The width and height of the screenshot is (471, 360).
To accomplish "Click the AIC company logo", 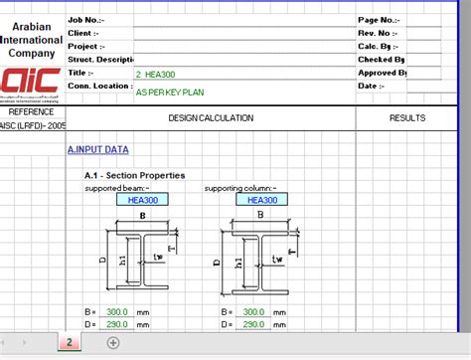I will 31,84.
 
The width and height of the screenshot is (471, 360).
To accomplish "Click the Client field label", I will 83,33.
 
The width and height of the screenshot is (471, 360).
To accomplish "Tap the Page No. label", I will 378,19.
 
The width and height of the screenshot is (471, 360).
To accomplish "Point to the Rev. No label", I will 377,33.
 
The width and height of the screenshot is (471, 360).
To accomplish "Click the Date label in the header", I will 369,86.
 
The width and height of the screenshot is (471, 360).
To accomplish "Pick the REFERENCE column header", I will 31,112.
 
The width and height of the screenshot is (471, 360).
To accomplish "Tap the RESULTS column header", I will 407,118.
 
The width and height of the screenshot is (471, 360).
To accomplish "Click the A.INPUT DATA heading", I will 97,149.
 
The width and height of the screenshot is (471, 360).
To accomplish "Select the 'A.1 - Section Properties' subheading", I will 134,176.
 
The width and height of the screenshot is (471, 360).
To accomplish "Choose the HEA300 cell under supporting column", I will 262,199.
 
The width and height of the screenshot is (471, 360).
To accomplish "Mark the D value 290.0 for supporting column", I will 253,324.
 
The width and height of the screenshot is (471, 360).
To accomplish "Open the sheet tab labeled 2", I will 70,343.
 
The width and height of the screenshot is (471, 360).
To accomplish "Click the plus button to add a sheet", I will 113,343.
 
